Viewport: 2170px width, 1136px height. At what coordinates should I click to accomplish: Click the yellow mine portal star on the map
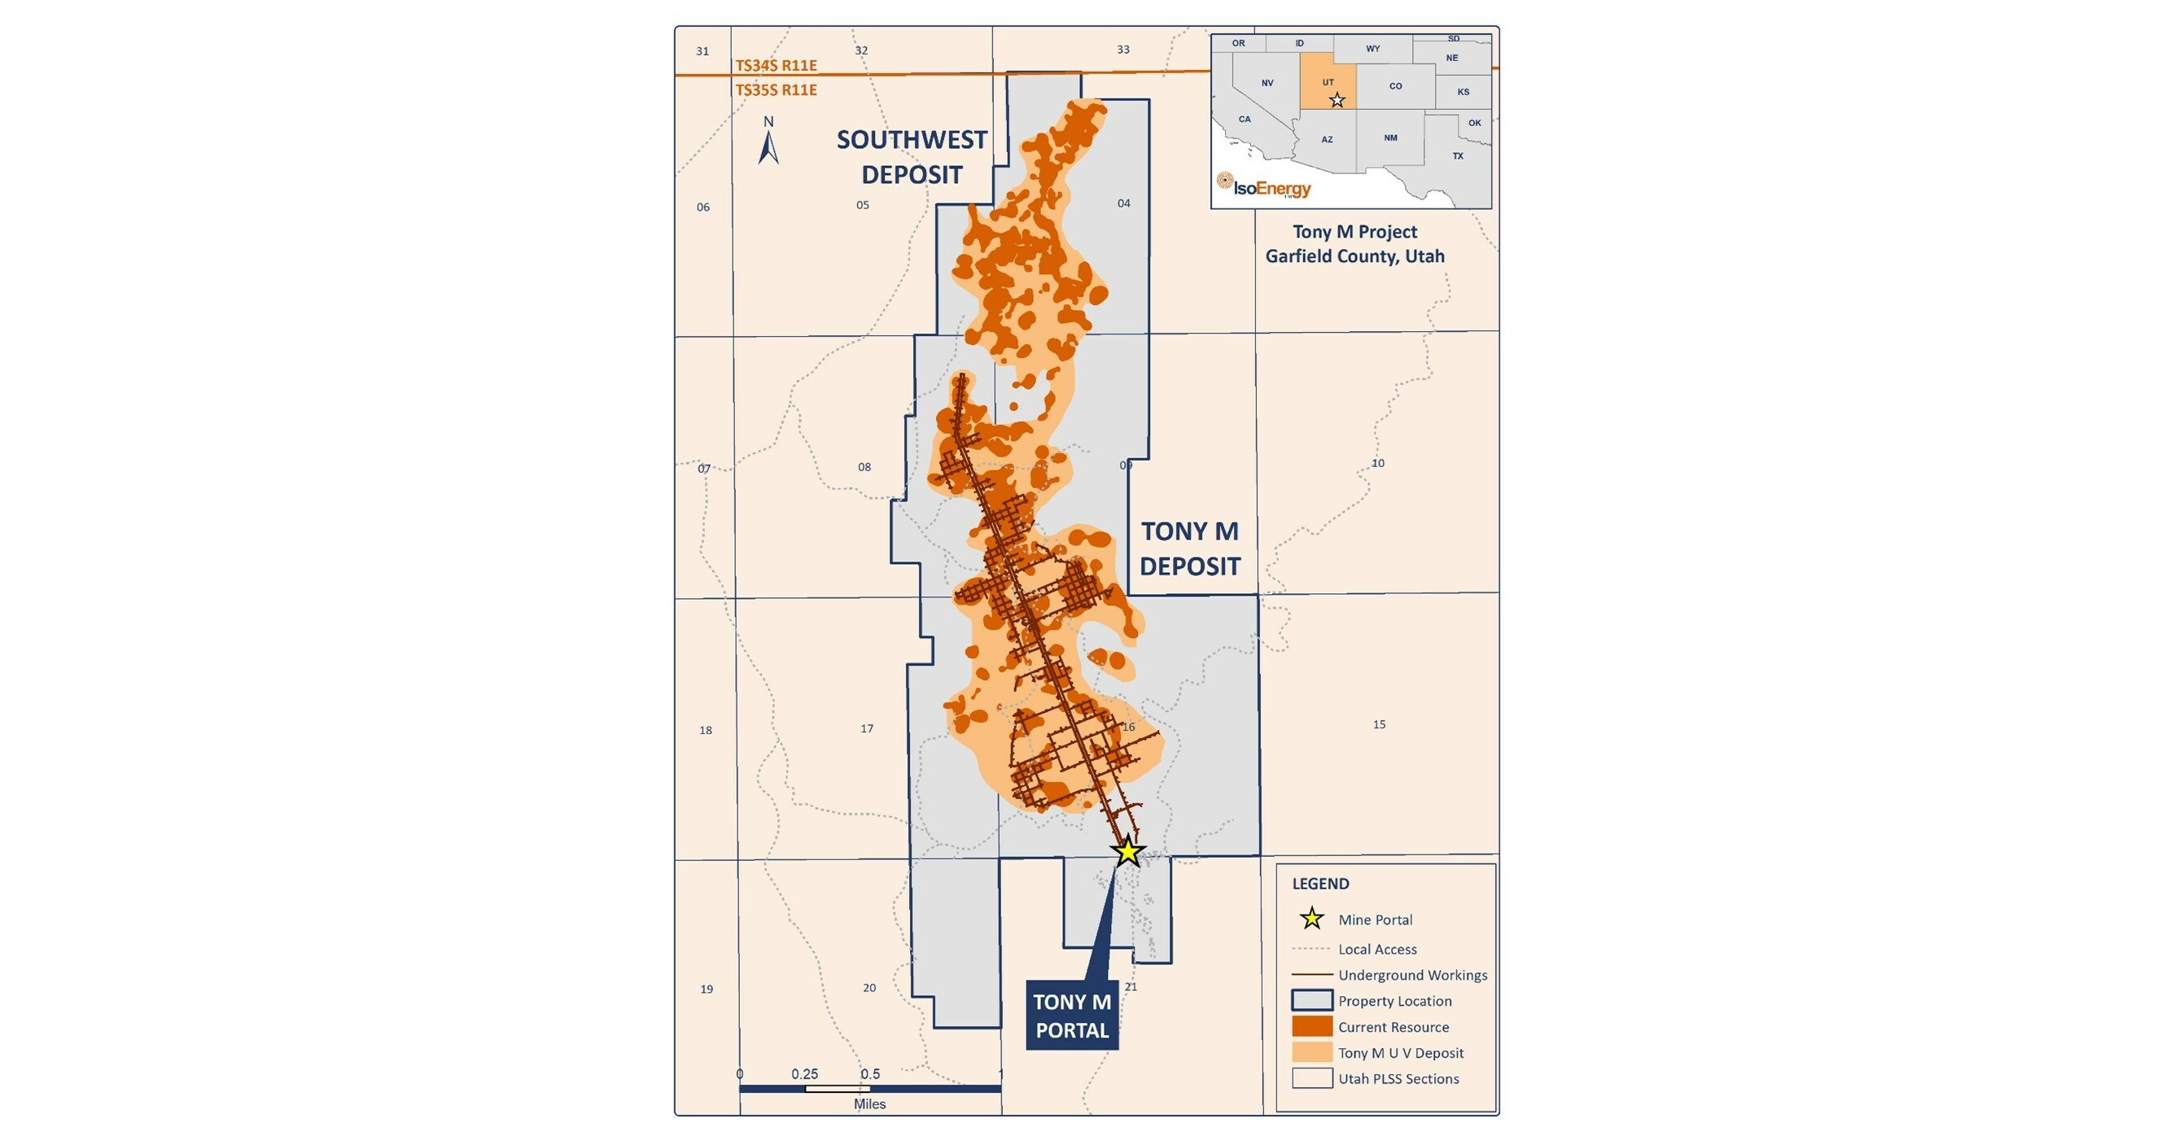(x=1127, y=851)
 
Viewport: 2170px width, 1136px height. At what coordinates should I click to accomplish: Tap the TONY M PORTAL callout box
(x=1071, y=1016)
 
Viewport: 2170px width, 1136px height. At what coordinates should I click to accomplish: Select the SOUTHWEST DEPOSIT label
(x=912, y=156)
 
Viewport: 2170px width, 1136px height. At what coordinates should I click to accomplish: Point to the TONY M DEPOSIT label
(x=1189, y=548)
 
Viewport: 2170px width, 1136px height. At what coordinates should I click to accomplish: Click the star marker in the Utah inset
(x=1337, y=101)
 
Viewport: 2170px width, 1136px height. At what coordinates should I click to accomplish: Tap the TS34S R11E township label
(x=776, y=65)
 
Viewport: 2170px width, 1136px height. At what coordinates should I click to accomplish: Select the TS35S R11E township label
(x=776, y=90)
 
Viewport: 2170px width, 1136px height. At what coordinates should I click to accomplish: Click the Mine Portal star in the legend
(x=1311, y=919)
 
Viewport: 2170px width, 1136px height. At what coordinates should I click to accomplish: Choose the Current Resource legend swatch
(x=1311, y=1026)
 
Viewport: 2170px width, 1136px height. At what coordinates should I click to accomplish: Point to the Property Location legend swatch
(x=1311, y=1000)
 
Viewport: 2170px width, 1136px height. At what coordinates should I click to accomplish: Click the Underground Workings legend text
(x=1412, y=975)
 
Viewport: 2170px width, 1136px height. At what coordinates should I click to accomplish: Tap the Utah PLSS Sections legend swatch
(x=1311, y=1079)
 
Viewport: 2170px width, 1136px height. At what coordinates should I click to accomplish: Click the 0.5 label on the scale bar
(x=870, y=1073)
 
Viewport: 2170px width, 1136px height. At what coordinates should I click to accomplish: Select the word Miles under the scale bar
(x=869, y=1104)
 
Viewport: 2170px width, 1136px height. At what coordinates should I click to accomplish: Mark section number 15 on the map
(x=1379, y=724)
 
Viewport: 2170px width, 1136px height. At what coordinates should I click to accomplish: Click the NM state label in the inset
(x=1390, y=138)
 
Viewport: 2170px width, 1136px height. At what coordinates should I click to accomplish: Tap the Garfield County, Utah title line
(x=1354, y=256)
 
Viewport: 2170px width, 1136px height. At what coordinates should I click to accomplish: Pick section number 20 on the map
(x=869, y=988)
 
